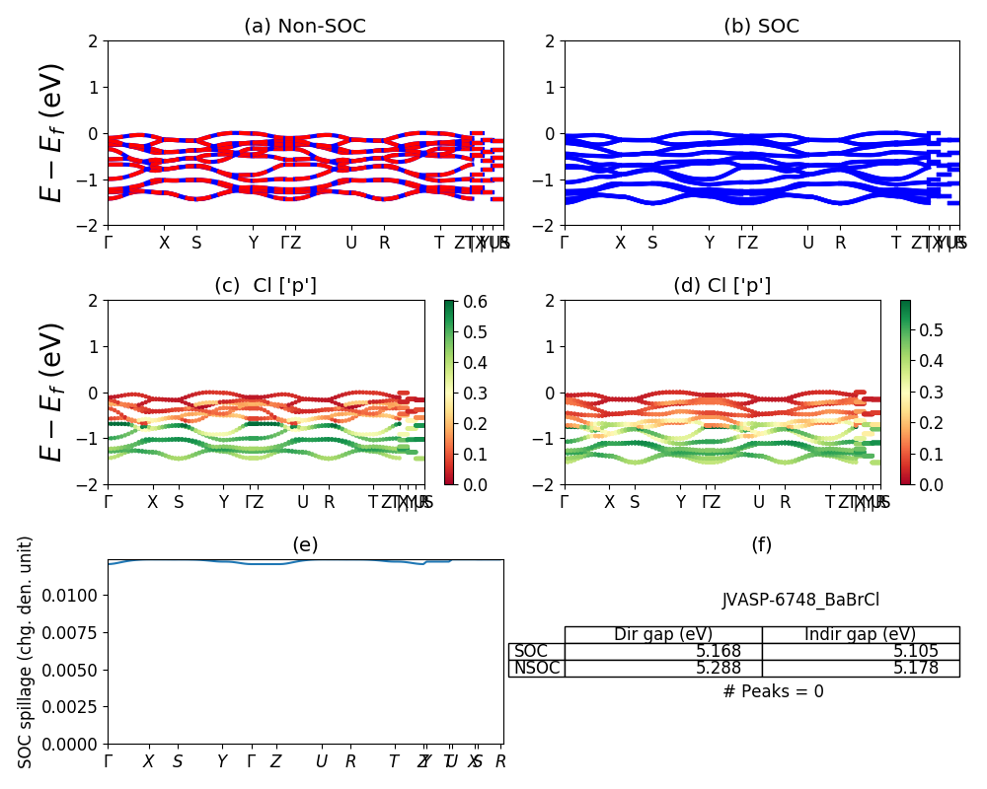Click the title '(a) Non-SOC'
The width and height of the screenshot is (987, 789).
[x=305, y=27]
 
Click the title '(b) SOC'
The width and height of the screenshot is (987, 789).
[x=761, y=27]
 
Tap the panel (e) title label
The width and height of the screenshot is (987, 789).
[x=305, y=544]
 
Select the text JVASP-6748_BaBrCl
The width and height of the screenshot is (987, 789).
[x=800, y=600]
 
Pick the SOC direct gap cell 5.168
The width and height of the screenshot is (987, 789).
[x=662, y=652]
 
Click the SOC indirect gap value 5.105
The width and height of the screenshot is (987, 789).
[x=860, y=652]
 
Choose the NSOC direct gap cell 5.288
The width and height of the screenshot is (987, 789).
[x=662, y=669]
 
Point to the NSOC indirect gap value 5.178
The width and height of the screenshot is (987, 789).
[x=860, y=669]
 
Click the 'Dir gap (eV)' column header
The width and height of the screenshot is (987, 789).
[x=662, y=634]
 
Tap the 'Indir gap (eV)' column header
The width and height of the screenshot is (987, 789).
[x=860, y=634]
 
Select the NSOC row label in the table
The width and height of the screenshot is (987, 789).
[x=537, y=669]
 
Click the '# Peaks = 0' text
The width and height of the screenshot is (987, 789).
[x=773, y=691]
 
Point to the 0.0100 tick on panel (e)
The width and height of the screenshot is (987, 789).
[x=75, y=595]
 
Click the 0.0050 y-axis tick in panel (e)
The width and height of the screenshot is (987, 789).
[x=75, y=670]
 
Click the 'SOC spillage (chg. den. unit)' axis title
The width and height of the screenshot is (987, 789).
[x=27, y=651]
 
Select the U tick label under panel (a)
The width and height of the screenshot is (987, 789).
[x=350, y=243]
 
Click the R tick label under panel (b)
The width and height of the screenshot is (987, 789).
[x=840, y=243]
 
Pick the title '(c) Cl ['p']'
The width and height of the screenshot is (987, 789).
[x=266, y=286]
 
